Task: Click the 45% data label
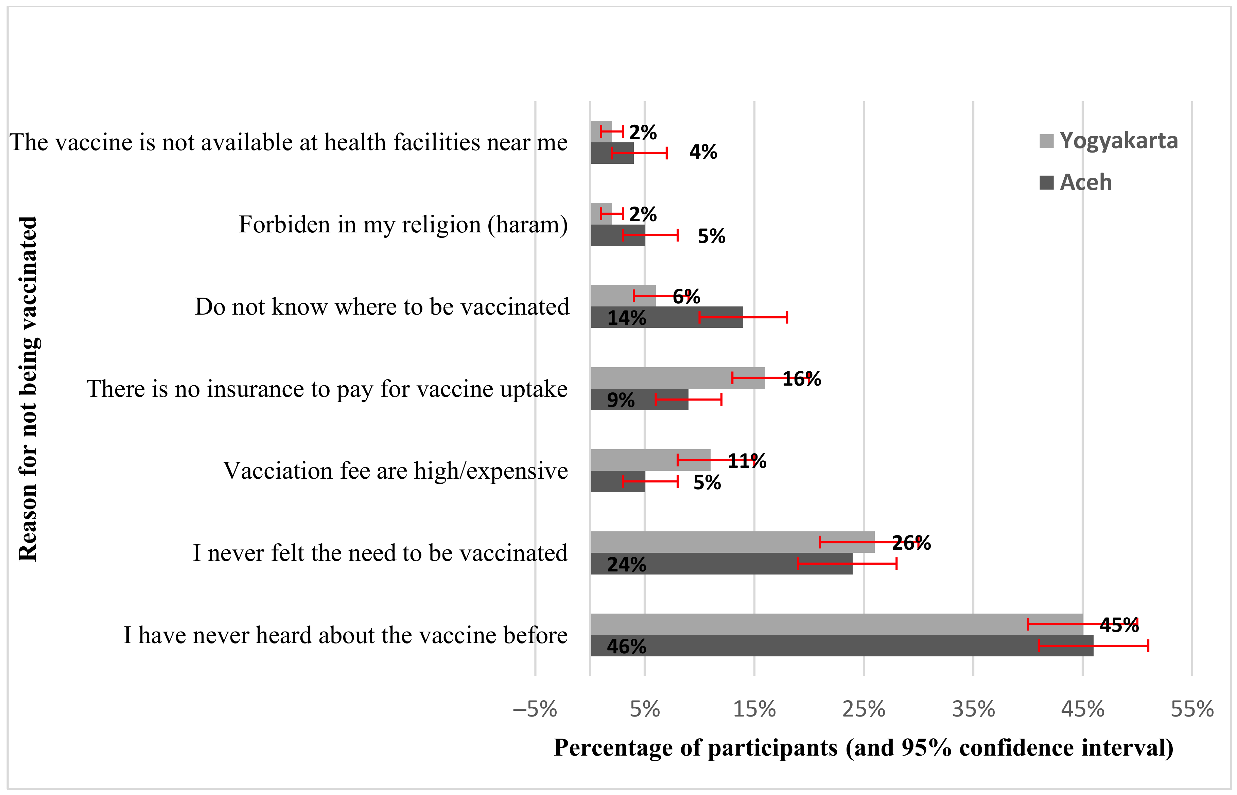click(1118, 625)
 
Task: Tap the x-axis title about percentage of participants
click(863, 747)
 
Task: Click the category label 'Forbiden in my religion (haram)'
click(403, 225)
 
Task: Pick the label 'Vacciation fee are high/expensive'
click(395, 471)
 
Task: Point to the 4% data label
click(703, 152)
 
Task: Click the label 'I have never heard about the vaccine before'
click(345, 635)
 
